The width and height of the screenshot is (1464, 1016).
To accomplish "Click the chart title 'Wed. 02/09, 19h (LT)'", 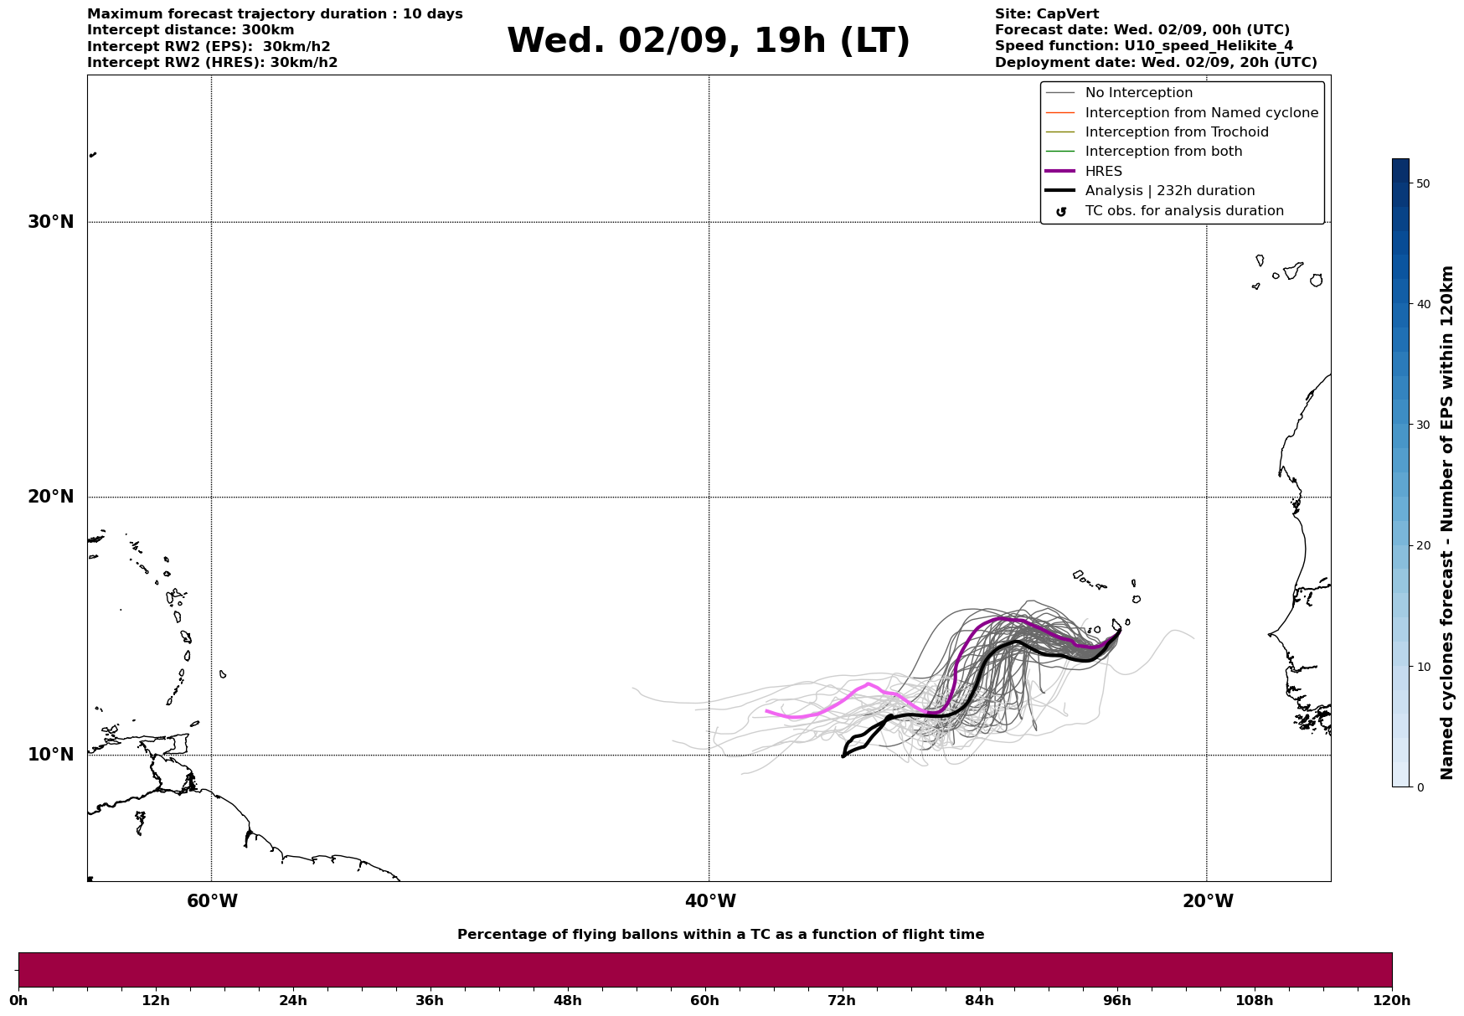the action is pos(708,41).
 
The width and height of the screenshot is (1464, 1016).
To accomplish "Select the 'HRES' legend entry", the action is pos(1104,172).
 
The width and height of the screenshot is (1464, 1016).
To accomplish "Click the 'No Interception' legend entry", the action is pos(1139,93).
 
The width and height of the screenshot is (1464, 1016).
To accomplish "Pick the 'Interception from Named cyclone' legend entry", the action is pos(1202,113).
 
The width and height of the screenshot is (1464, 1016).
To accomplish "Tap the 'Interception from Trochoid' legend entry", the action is pos(1177,132).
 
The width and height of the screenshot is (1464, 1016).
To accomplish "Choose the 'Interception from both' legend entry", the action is pos(1164,152).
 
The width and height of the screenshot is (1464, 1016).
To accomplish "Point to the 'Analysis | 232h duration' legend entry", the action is pos(1170,191).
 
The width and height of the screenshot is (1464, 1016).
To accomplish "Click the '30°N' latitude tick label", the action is pos(51,222).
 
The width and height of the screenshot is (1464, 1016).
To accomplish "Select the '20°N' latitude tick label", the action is pos(51,497).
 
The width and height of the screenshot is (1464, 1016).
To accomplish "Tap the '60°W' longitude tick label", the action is pos(212,901).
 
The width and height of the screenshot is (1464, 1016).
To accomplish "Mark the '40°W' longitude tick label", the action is pos(710,901).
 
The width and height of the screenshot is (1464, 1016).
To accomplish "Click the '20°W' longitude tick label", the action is pos(1208,901).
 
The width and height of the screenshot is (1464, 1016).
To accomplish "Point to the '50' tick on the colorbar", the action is pos(1423,183).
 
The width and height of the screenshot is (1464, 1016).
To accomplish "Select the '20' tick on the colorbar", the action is pos(1423,545).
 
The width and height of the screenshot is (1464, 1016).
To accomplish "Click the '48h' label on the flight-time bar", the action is pos(567,1000).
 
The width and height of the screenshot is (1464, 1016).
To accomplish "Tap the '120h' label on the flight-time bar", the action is pos(1392,1000).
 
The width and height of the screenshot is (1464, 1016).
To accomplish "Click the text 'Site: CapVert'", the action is pos(1047,14).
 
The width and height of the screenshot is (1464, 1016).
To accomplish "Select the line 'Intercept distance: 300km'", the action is pos(191,30).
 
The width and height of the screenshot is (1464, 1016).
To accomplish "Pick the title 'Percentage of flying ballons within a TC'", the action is pos(631,935).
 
